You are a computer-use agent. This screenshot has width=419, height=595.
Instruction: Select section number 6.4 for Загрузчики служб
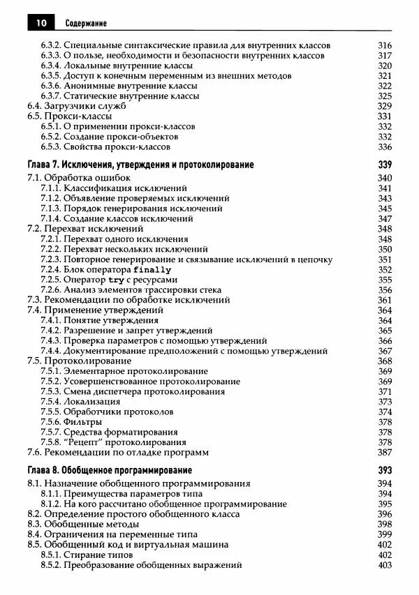34,107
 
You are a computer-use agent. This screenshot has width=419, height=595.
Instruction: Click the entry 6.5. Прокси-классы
64,116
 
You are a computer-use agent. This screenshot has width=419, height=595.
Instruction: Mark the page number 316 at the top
385,46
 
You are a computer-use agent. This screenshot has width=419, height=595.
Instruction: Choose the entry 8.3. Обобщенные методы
82,524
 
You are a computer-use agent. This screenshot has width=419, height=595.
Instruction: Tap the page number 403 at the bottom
385,564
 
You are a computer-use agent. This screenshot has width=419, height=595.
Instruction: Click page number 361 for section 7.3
385,300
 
